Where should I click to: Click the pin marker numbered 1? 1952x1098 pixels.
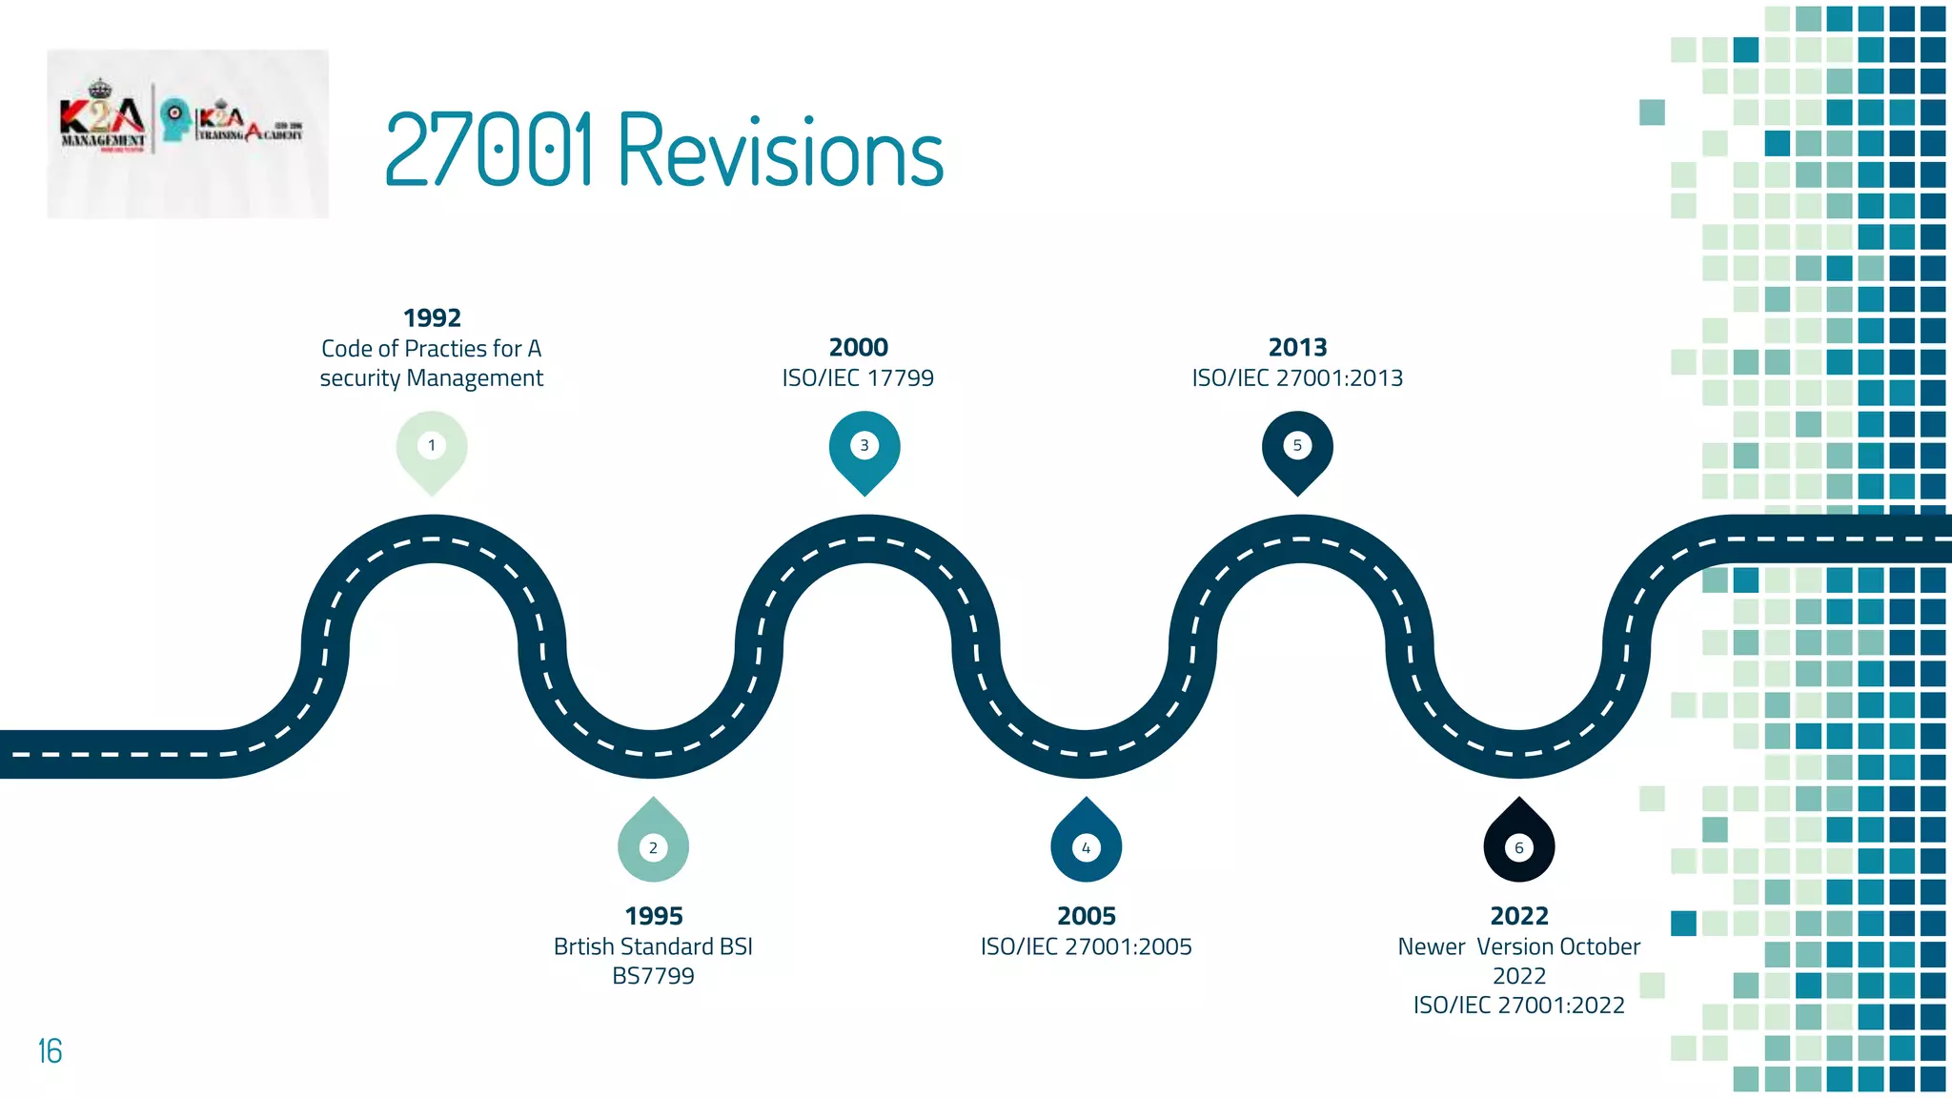point(432,448)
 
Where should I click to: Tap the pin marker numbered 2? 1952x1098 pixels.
point(653,844)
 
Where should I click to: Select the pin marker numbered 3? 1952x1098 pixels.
point(864,448)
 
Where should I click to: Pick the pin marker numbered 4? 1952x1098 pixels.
point(1086,844)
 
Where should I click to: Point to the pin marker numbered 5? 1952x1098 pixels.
point(1297,448)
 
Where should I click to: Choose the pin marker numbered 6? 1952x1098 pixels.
point(1519,844)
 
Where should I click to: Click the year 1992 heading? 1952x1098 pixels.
point(432,317)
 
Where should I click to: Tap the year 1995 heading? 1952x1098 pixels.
point(654,916)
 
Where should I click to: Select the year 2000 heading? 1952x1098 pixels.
point(859,347)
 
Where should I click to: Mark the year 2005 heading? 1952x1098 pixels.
point(1087,916)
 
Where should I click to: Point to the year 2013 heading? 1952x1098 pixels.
point(1297,347)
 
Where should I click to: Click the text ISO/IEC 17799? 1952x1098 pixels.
point(858,378)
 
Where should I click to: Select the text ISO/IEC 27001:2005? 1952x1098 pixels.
point(1087,946)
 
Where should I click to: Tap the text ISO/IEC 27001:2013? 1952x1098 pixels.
point(1297,378)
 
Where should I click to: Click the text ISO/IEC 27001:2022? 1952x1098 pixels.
point(1519,1006)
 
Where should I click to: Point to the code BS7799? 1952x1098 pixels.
point(653,976)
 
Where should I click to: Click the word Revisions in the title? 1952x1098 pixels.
point(781,152)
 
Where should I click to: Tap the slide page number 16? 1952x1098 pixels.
point(50,1051)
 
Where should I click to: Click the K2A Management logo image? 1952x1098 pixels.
point(188,133)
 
